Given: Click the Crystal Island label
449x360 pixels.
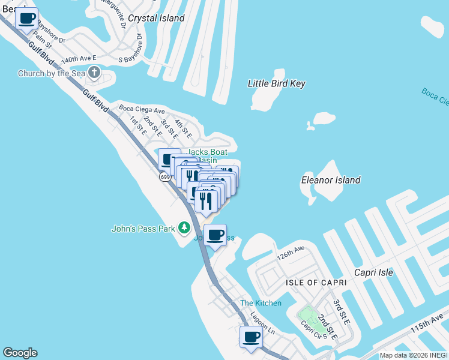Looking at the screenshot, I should tap(156, 18).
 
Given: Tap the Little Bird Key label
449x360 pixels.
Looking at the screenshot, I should tap(277, 83).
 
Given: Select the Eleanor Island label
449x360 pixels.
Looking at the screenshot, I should tap(331, 180).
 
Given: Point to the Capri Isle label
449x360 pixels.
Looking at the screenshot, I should tap(373, 272).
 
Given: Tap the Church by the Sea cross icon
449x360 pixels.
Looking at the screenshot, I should tap(94, 73).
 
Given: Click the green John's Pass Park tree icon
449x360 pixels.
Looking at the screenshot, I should tap(184, 228).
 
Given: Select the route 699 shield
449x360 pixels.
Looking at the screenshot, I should tap(165, 176).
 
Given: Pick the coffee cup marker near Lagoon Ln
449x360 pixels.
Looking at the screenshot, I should tap(252, 337).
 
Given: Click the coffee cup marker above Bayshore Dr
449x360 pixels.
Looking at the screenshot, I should tap(26, 18).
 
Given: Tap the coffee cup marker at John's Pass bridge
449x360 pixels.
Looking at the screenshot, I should tap(215, 235).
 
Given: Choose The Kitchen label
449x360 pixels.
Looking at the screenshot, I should tap(261, 303).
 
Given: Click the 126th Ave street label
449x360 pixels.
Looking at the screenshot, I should tap(291, 250).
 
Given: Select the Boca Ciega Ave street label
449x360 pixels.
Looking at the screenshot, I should tap(142, 110).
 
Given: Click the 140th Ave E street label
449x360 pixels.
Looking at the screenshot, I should tap(79, 60).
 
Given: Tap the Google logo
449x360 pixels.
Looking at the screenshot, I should tap(20, 353).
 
